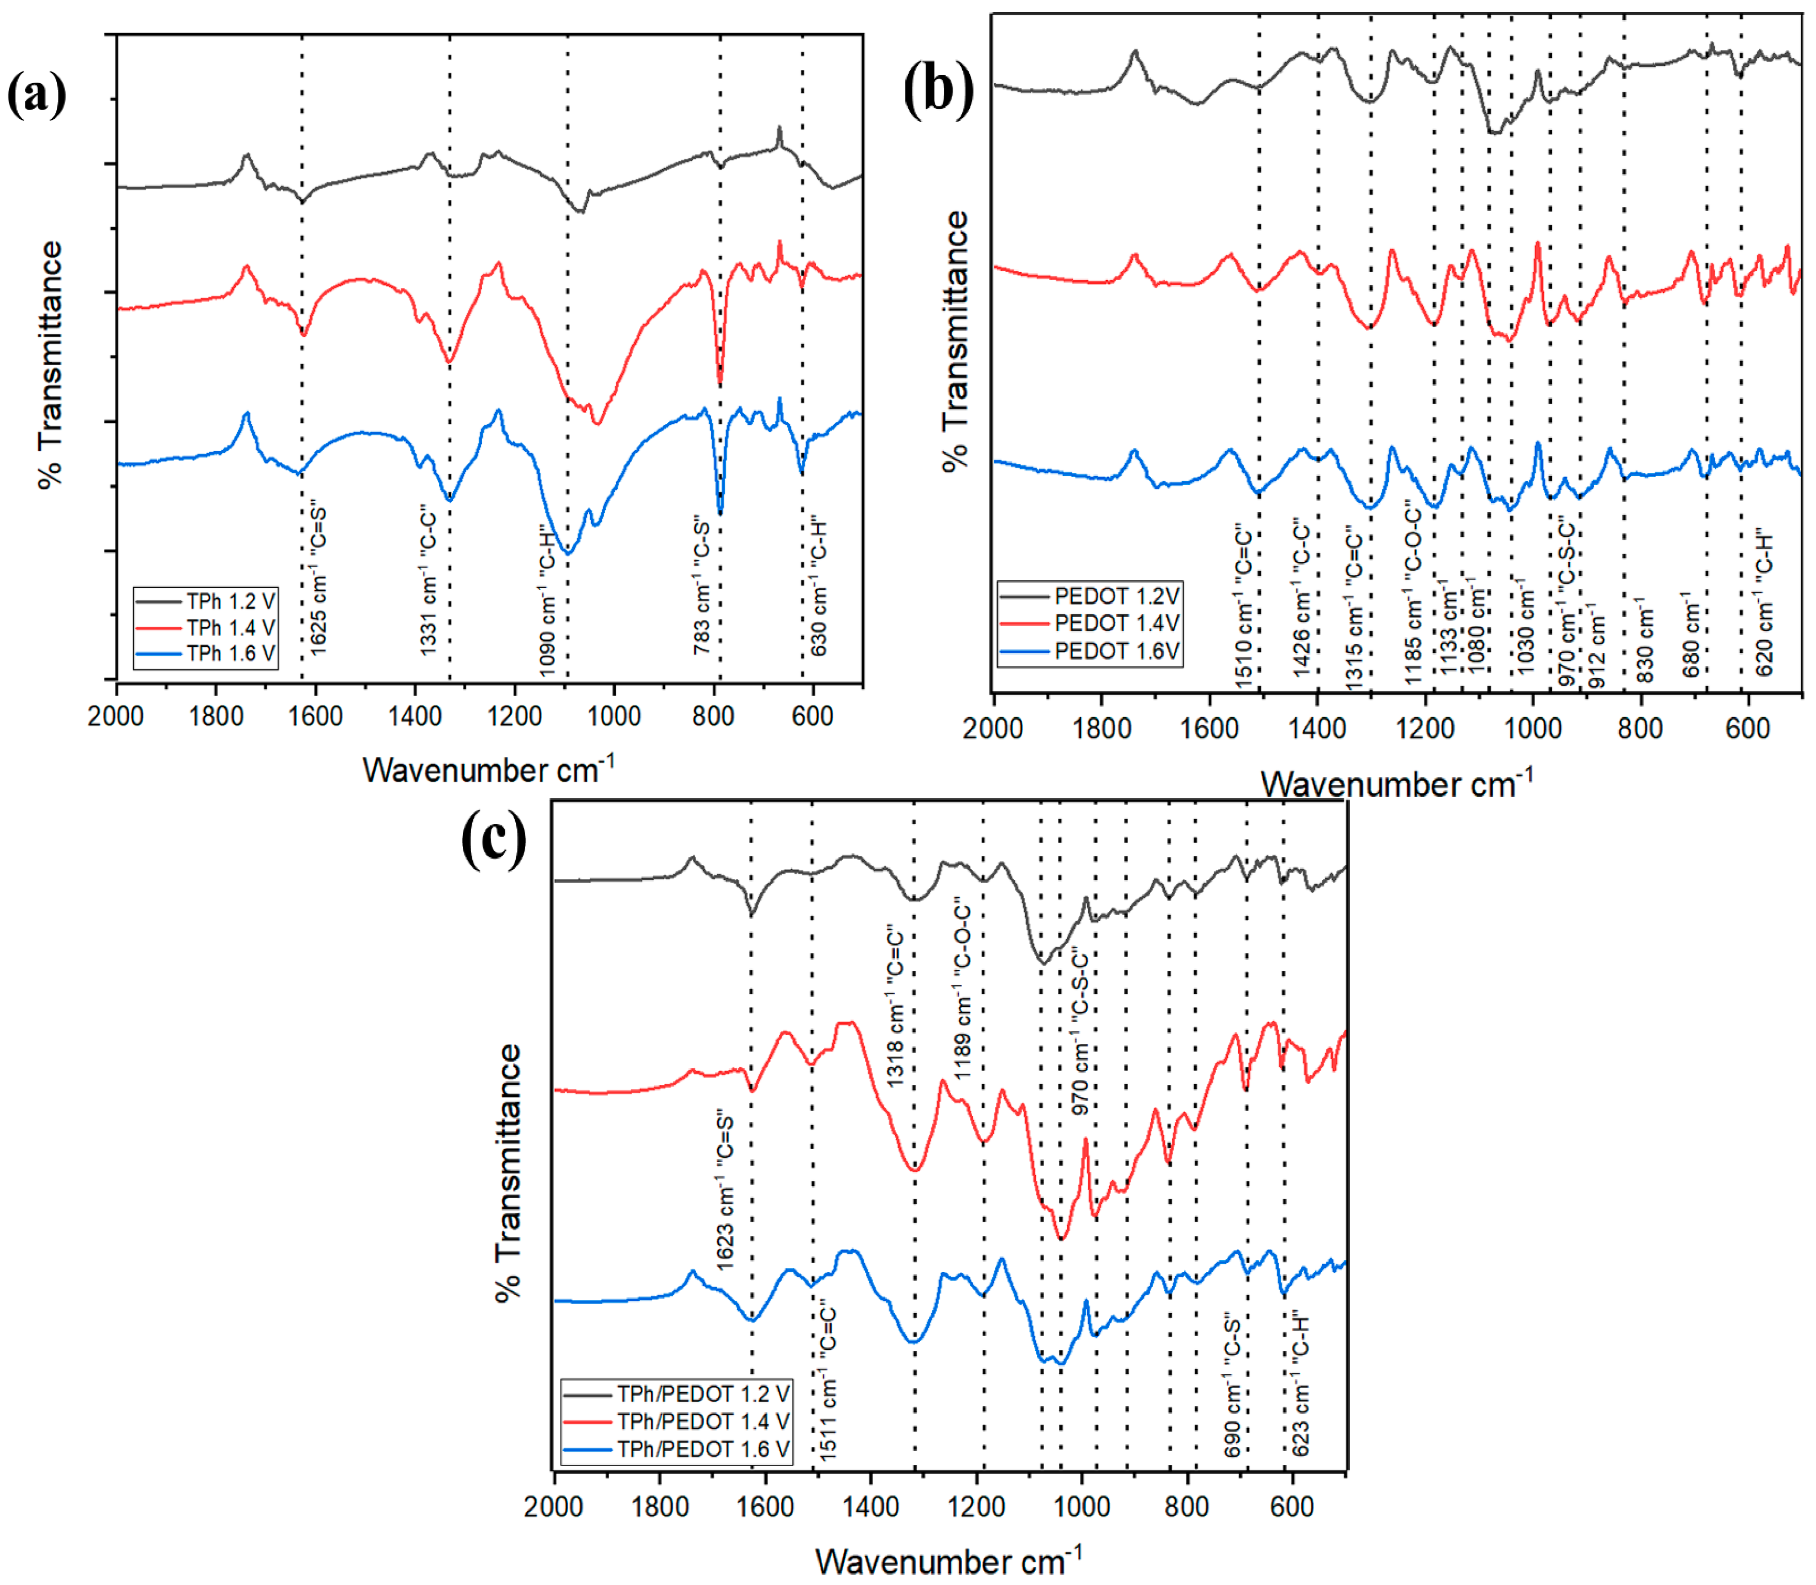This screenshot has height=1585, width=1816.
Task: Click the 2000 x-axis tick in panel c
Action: (553, 1507)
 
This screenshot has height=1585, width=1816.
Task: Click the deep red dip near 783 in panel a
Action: (720, 379)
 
